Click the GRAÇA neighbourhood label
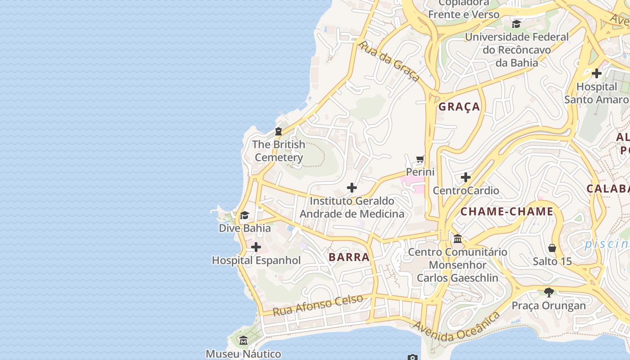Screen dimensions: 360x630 click(x=459, y=107)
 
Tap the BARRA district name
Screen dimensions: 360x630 click(x=349, y=257)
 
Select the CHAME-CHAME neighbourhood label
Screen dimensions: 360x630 click(x=507, y=211)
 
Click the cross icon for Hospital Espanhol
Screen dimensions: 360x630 click(x=256, y=247)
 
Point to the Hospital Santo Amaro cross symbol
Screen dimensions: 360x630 click(x=597, y=73)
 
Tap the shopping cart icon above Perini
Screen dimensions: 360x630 click(x=420, y=159)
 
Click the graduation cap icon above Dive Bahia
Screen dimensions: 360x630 click(x=244, y=215)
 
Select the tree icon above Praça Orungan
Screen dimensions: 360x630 click(x=549, y=292)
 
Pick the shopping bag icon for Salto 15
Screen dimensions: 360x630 click(x=552, y=248)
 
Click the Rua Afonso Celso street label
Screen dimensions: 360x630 click(x=318, y=305)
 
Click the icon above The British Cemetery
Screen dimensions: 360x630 click(x=278, y=131)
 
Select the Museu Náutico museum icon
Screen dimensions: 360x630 click(x=243, y=341)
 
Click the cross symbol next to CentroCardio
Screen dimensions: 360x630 click(x=466, y=177)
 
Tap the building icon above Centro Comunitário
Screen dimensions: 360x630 click(x=458, y=238)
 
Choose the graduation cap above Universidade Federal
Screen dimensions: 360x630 click(x=516, y=24)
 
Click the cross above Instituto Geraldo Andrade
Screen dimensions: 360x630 click(x=352, y=188)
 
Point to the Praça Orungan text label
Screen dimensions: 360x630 click(x=549, y=306)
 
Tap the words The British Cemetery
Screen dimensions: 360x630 click(x=279, y=151)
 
